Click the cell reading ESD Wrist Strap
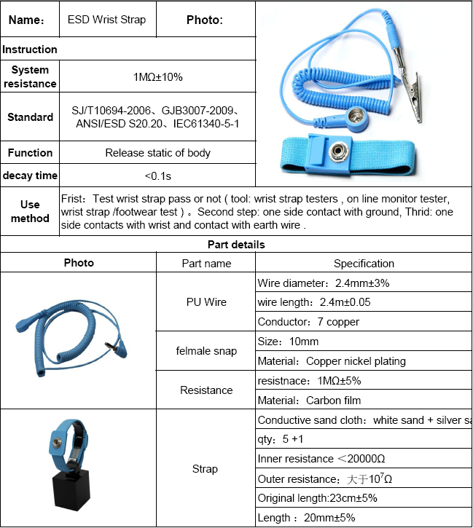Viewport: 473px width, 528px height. pyautogui.click(x=106, y=20)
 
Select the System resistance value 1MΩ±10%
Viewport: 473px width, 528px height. pyautogui.click(x=157, y=76)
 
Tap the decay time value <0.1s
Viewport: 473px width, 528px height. pyautogui.click(x=157, y=176)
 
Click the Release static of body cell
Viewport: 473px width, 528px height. pyautogui.click(x=157, y=153)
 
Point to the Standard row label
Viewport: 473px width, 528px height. pyautogui.click(x=30, y=117)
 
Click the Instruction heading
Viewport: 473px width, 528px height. pyautogui.click(x=30, y=50)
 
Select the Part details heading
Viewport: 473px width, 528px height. pyautogui.click(x=236, y=245)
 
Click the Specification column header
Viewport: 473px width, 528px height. pyautogui.click(x=364, y=264)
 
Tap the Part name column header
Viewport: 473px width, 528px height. pyautogui.click(x=206, y=264)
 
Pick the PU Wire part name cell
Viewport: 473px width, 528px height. pyautogui.click(x=206, y=302)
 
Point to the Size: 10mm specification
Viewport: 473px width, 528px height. pyautogui.click(x=289, y=342)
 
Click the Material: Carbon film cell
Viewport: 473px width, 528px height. pyautogui.click(x=309, y=400)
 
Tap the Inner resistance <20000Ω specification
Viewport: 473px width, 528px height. pyautogui.click(x=321, y=459)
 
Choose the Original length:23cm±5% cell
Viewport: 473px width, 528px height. pyautogui.click(x=318, y=498)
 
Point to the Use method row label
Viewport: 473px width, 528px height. pyautogui.click(x=30, y=212)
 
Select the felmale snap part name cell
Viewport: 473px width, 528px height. pyautogui.click(x=206, y=351)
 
